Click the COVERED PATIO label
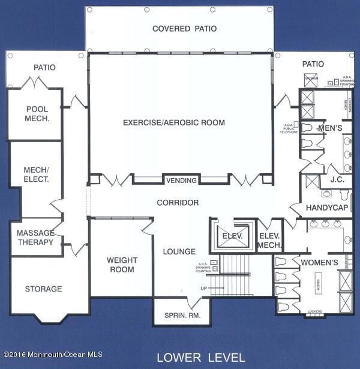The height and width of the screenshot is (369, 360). pyautogui.click(x=184, y=29)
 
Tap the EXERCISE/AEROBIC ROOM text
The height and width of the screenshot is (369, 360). pyautogui.click(x=174, y=123)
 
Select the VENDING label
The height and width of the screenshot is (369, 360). pyautogui.click(x=181, y=180)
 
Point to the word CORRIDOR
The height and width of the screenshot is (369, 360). pyautogui.click(x=178, y=203)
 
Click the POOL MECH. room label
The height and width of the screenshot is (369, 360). pyautogui.click(x=37, y=114)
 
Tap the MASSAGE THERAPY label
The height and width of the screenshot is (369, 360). pyautogui.click(x=35, y=238)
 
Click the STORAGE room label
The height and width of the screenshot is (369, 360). pyautogui.click(x=43, y=289)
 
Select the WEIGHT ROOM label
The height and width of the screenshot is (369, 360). pyautogui.click(x=122, y=265)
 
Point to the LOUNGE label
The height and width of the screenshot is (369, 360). pyautogui.click(x=179, y=251)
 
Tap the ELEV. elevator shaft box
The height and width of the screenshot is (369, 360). pyautogui.click(x=232, y=236)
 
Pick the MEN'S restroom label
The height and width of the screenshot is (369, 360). pyautogui.click(x=329, y=128)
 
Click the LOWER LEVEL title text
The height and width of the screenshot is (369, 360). pyautogui.click(x=200, y=358)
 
